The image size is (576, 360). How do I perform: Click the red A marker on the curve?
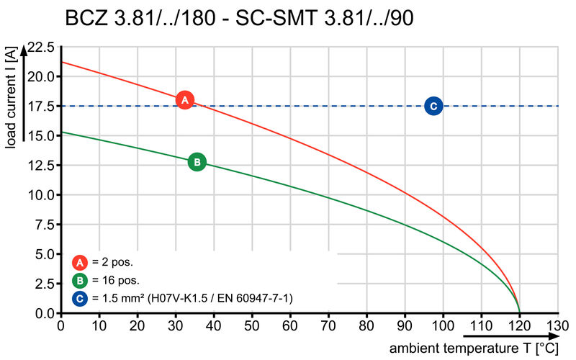(185, 100)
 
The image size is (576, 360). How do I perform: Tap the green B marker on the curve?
(197, 162)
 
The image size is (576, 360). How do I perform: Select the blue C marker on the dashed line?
(433, 106)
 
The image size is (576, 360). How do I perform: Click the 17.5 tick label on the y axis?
(41, 107)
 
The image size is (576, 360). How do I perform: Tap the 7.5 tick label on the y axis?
(44, 225)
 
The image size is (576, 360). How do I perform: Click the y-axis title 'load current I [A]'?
(10, 101)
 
